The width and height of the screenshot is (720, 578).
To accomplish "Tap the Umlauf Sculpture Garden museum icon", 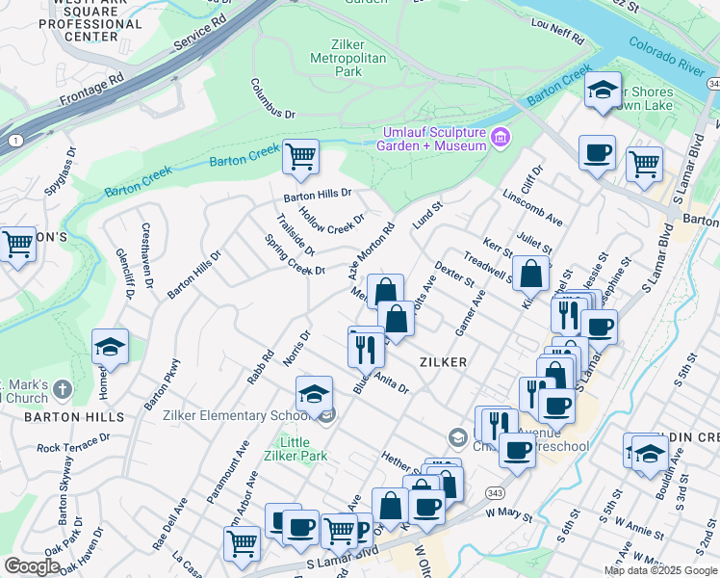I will click(x=500, y=138).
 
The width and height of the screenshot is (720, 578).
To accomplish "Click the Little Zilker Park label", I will click(x=300, y=449).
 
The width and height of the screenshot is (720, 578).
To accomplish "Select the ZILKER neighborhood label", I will click(x=444, y=362).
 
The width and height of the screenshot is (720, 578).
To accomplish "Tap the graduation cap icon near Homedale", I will click(x=111, y=347).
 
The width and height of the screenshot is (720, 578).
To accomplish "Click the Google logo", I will click(x=32, y=566).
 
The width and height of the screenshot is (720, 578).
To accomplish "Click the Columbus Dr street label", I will click(x=272, y=99).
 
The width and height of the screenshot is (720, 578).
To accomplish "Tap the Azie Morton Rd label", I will click(x=372, y=252).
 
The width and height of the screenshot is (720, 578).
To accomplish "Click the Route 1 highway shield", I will click(x=15, y=141).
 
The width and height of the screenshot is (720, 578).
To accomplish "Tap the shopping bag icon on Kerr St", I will click(x=530, y=274).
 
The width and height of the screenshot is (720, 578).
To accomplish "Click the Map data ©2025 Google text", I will click(x=660, y=570).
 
